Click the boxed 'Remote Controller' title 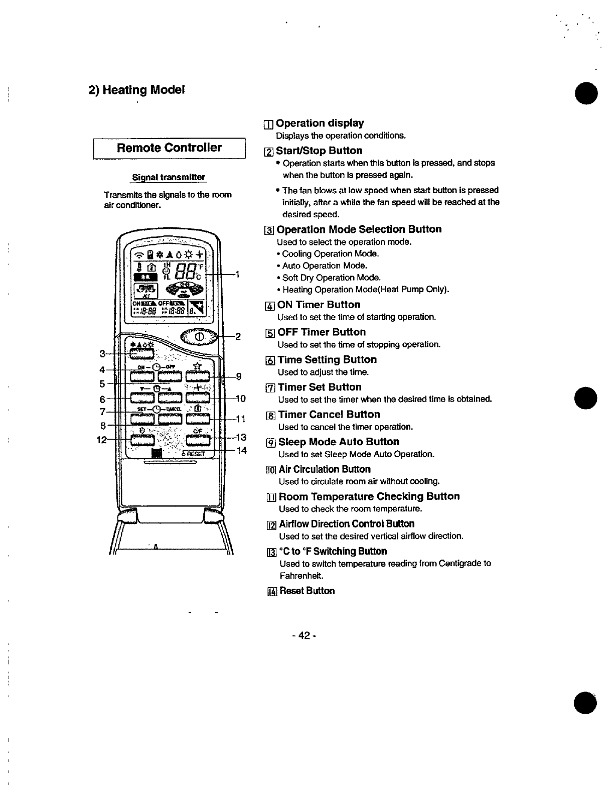pos(169,148)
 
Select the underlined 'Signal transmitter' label pos(169,177)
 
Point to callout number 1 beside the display pos(237,275)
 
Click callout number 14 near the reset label pos(241,450)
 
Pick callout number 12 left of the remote pos(101,440)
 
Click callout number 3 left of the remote pos(102,354)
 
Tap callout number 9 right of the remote pos(239,376)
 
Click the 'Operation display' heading pos(320,123)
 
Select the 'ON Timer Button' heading pos(319,305)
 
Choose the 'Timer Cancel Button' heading pos(329,415)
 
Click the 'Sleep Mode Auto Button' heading pos(339,442)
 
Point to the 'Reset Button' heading pos(306,591)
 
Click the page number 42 pos(303,635)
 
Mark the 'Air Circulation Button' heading pos(324,469)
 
